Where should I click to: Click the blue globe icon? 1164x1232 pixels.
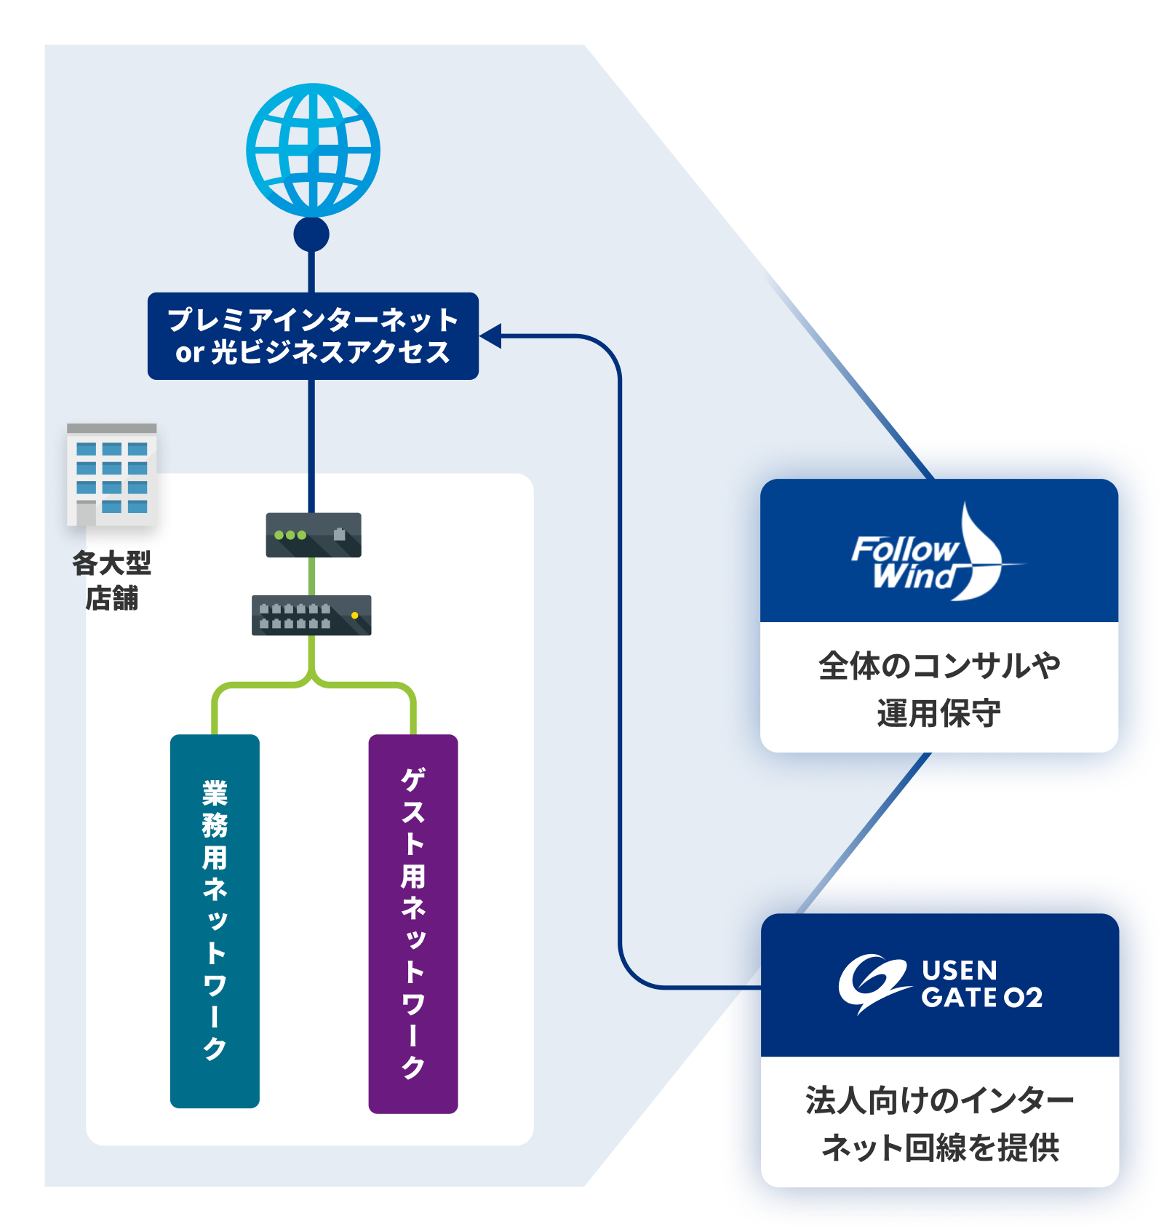click(x=313, y=150)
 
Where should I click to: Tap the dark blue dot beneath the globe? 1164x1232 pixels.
click(x=311, y=234)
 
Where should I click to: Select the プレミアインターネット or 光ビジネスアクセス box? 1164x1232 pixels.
click(x=313, y=335)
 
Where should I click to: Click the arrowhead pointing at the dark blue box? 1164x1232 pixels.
click(x=490, y=335)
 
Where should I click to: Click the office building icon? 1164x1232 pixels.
click(x=111, y=474)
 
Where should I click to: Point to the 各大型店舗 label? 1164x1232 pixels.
click(x=111, y=580)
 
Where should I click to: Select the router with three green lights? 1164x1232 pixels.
click(x=314, y=535)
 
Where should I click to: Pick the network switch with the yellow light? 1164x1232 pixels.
click(x=311, y=615)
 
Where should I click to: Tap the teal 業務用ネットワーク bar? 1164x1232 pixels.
click(x=215, y=921)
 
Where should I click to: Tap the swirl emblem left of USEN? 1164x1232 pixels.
click(x=872, y=983)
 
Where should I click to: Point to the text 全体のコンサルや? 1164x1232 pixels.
click(x=938, y=665)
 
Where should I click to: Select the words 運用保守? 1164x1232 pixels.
click(x=938, y=713)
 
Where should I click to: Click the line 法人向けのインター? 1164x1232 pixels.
click(x=939, y=1100)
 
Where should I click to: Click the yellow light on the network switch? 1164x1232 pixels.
click(x=355, y=616)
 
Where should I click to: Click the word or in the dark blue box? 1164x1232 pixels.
click(x=189, y=352)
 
